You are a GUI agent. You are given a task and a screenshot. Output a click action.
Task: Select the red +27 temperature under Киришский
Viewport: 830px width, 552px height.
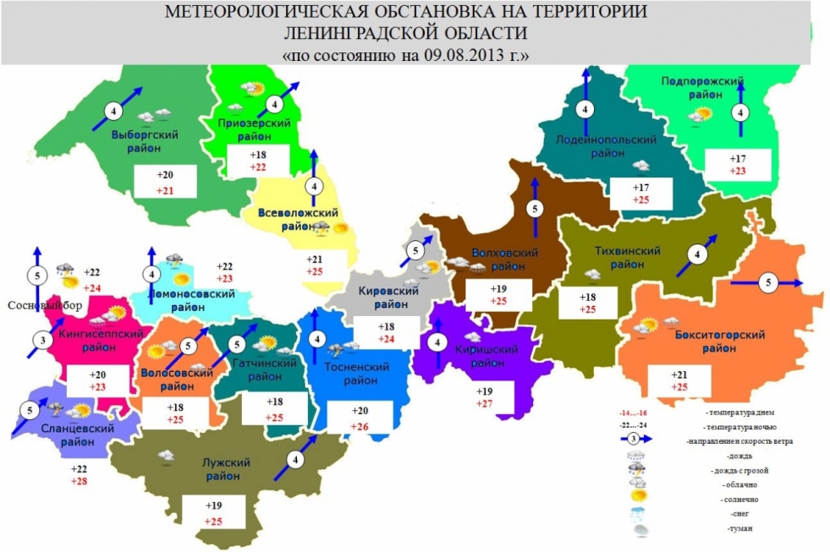click(484, 405)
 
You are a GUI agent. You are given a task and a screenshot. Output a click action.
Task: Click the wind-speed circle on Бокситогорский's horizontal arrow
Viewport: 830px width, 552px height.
click(769, 282)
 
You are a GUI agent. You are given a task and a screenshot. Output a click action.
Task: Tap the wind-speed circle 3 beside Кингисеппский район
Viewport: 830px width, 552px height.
click(41, 342)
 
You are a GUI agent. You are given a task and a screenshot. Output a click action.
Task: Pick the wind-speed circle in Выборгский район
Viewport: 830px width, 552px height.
click(113, 111)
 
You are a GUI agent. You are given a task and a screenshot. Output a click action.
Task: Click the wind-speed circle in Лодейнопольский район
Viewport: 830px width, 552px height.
click(585, 109)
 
